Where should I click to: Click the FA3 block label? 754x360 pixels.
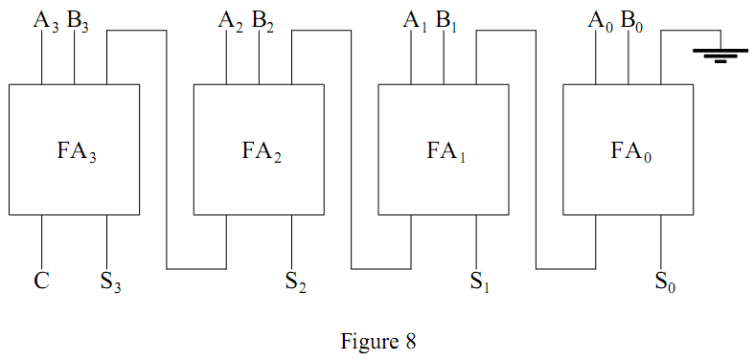[75, 150]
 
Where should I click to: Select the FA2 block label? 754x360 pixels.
[261, 150]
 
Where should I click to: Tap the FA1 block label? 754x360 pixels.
[445, 150]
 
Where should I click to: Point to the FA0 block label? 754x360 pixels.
[629, 150]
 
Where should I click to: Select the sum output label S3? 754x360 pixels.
[110, 282]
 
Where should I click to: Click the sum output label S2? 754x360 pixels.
[295, 282]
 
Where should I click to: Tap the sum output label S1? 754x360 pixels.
[479, 282]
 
